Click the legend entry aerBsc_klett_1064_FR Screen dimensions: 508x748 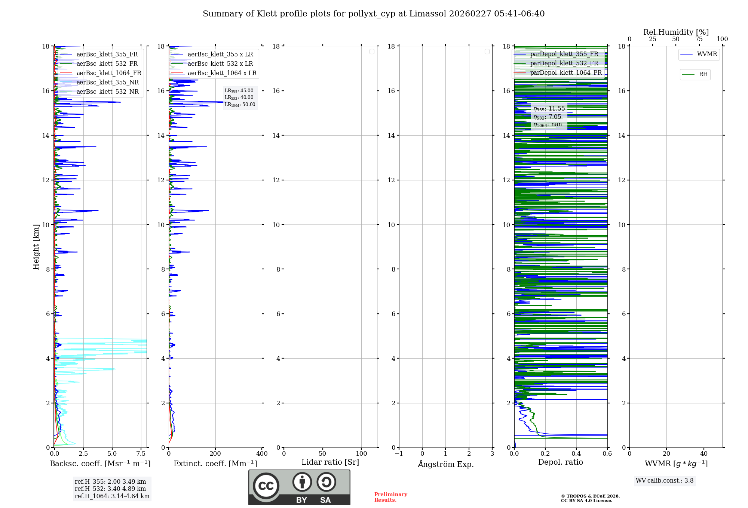click(x=108, y=73)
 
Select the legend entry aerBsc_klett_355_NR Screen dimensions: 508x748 click(x=107, y=83)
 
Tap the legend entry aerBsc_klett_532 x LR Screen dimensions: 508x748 click(x=220, y=64)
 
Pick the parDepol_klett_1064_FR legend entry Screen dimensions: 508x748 click(x=565, y=73)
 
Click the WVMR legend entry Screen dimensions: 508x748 click(x=706, y=54)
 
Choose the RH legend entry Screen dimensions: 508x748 click(x=703, y=74)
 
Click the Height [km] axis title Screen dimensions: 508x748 click(x=36, y=247)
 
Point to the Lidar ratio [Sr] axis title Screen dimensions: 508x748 click(x=330, y=462)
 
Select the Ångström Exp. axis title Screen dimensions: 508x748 click(x=445, y=464)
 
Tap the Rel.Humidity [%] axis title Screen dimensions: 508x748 click(x=676, y=32)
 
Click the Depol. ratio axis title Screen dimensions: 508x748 click(x=560, y=462)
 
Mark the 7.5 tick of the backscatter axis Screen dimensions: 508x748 click(x=141, y=454)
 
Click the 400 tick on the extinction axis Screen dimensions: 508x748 click(x=262, y=454)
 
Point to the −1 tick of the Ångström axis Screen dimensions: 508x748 click(x=399, y=454)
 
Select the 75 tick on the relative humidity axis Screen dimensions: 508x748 click(x=699, y=39)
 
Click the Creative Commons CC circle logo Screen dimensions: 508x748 click(x=266, y=486)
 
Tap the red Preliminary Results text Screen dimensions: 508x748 click(x=390, y=497)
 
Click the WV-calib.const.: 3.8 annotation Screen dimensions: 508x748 click(x=664, y=481)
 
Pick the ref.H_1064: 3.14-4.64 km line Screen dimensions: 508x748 click(x=112, y=496)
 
